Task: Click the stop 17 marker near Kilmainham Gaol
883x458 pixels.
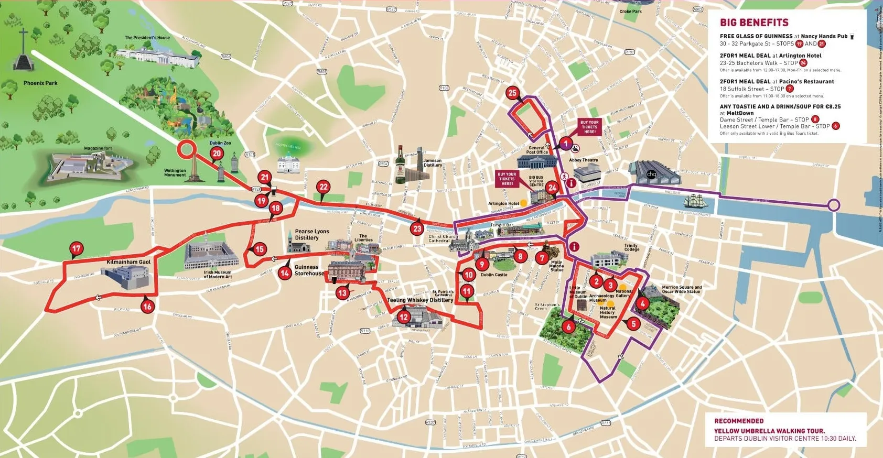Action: point(77,249)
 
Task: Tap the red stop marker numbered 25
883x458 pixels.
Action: point(512,93)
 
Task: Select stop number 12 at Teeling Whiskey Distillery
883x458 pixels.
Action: point(403,317)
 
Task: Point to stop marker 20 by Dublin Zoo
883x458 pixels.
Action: point(217,154)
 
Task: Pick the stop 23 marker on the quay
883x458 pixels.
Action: point(417,228)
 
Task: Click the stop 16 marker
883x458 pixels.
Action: point(147,307)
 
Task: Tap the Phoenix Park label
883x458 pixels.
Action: point(40,83)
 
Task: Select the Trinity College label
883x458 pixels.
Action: point(631,247)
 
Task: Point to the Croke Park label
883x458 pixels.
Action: point(630,12)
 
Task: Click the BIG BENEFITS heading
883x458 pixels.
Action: point(754,23)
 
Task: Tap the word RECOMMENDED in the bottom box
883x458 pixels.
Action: point(739,421)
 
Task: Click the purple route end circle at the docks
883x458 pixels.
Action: point(834,205)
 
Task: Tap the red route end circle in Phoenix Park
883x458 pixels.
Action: point(185,149)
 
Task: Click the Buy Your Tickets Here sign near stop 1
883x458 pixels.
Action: point(589,127)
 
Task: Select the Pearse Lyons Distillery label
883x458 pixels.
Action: point(312,234)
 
